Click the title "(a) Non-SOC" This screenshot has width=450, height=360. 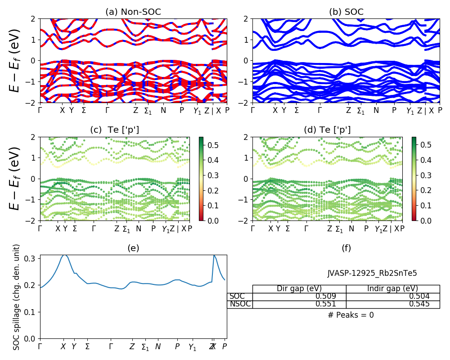(x=133, y=12)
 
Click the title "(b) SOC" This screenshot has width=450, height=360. (x=346, y=12)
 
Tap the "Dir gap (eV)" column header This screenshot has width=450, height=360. (x=299, y=288)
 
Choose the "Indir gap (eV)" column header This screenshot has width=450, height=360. (x=392, y=288)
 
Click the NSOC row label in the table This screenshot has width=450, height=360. (x=240, y=304)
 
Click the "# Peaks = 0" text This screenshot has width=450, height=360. (x=351, y=315)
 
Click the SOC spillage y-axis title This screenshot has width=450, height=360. (x=17, y=297)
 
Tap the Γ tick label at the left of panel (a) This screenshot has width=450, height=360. (x=40, y=110)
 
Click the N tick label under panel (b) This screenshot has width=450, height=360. (x=376, y=110)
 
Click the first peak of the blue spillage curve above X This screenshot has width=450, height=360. (x=64, y=255)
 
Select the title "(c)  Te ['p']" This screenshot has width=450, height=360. (x=114, y=130)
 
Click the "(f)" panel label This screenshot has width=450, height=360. (x=346, y=248)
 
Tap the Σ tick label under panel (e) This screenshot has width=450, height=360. (x=87, y=347)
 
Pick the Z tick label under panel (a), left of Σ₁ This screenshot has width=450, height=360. (x=135, y=110)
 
